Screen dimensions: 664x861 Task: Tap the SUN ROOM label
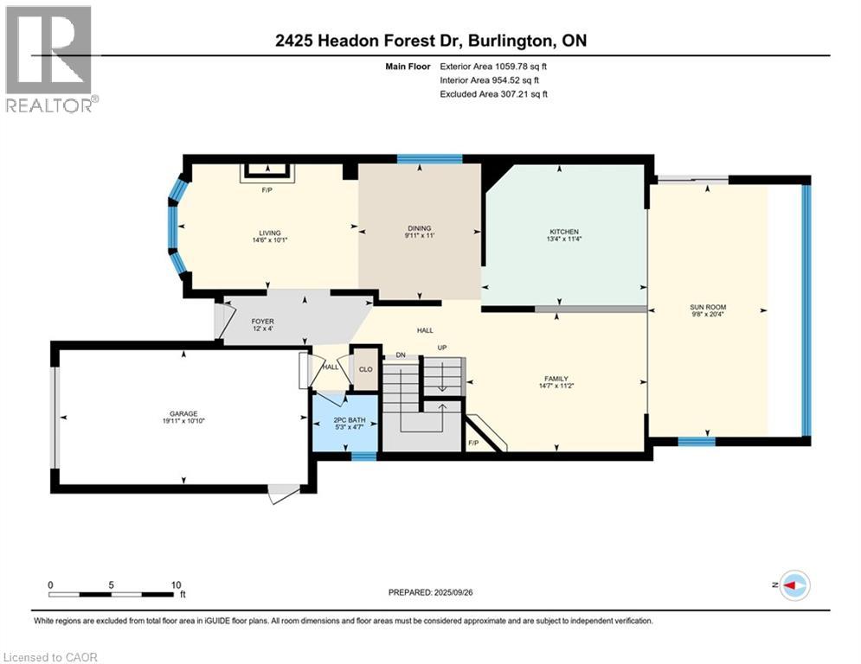tap(708, 307)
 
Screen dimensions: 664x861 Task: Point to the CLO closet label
tap(365, 369)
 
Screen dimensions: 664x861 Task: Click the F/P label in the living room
tap(267, 189)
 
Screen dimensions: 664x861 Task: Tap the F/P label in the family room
tap(473, 444)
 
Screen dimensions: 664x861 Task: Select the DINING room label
tap(419, 228)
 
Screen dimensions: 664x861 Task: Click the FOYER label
tap(238, 322)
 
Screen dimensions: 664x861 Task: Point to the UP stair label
tap(441, 348)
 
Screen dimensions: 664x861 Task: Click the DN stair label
tap(401, 354)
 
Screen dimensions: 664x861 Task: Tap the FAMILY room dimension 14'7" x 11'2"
tap(556, 387)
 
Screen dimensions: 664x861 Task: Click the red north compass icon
tap(794, 585)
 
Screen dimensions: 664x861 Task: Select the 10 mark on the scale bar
tap(176, 584)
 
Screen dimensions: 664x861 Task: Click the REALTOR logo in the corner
tap(49, 59)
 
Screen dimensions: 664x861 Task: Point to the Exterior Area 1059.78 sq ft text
tap(494, 66)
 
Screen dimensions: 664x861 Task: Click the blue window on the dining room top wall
tap(429, 159)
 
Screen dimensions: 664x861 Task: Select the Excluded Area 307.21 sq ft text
tap(494, 93)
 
